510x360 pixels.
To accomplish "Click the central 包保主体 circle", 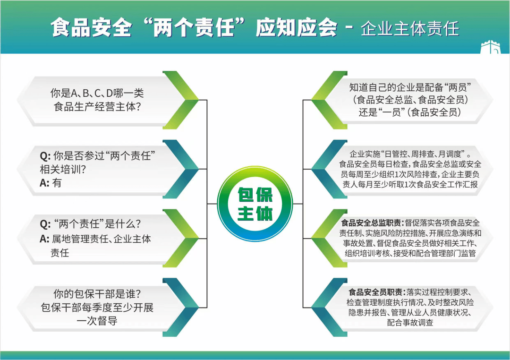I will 255,204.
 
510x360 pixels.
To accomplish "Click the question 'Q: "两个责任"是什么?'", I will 90,223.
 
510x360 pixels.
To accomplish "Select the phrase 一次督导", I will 97,321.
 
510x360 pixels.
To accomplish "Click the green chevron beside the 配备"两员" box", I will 329,100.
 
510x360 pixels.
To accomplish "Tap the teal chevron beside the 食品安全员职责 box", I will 329,307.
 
